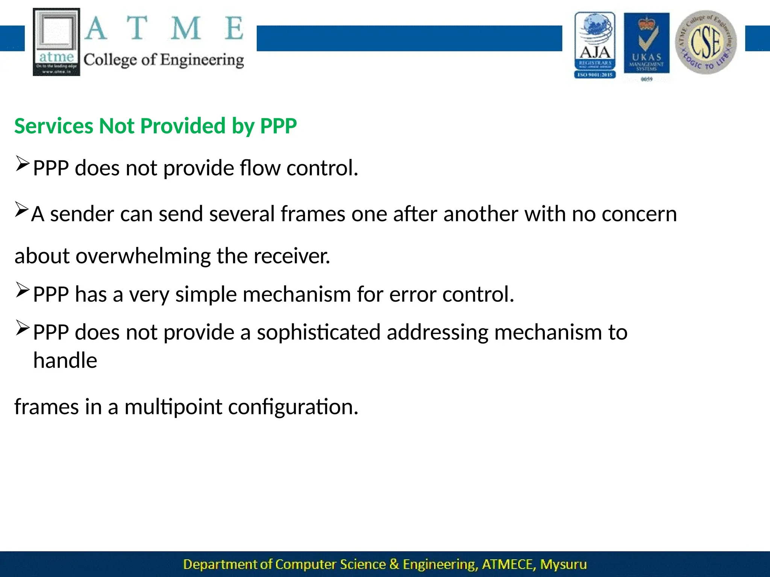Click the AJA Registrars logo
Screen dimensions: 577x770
[595, 45]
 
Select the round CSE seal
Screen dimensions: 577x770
[706, 42]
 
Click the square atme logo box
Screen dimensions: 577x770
[56, 42]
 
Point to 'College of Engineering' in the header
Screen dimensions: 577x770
[164, 60]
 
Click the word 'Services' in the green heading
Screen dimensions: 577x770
[54, 126]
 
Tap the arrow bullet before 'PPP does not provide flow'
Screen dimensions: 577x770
[22, 164]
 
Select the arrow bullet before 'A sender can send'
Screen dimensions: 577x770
[21, 210]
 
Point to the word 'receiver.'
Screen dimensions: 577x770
[292, 256]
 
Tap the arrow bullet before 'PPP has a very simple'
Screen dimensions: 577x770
[22, 290]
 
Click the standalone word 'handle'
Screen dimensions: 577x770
[65, 361]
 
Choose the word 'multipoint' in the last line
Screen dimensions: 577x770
[173, 407]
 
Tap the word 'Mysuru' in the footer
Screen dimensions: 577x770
[563, 564]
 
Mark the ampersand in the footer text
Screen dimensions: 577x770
[394, 564]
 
